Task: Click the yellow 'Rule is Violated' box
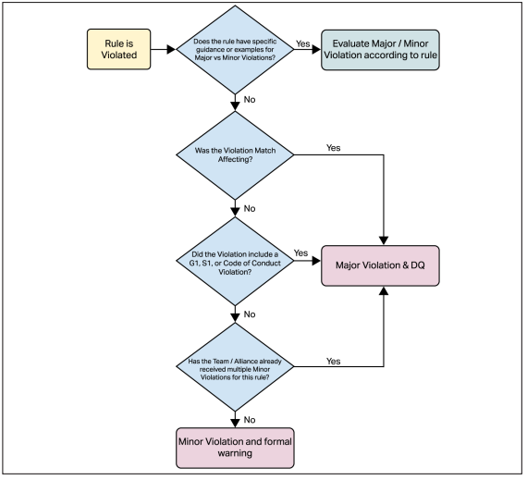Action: click(x=118, y=49)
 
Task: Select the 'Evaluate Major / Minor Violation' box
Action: click(x=380, y=50)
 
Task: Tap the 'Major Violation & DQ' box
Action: click(x=380, y=265)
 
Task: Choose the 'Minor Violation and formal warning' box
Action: click(x=235, y=448)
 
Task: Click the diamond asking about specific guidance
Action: click(x=235, y=49)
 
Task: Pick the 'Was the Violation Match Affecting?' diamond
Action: click(x=235, y=155)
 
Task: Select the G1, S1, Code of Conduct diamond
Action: click(x=235, y=261)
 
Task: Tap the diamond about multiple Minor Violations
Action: click(x=235, y=366)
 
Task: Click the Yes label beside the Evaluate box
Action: click(x=303, y=43)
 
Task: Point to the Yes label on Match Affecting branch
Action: click(x=334, y=148)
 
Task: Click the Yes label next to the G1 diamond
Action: click(x=300, y=252)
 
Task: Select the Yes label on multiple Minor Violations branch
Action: click(x=334, y=361)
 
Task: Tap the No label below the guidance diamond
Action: click(x=250, y=100)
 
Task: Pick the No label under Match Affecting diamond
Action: click(x=250, y=208)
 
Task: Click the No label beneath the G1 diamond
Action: click(x=250, y=314)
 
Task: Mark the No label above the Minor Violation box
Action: click(x=250, y=420)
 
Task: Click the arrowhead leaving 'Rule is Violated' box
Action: click(x=171, y=49)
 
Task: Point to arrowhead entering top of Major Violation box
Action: click(x=384, y=240)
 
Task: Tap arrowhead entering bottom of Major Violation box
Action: click(x=384, y=290)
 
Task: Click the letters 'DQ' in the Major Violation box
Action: click(x=418, y=265)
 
